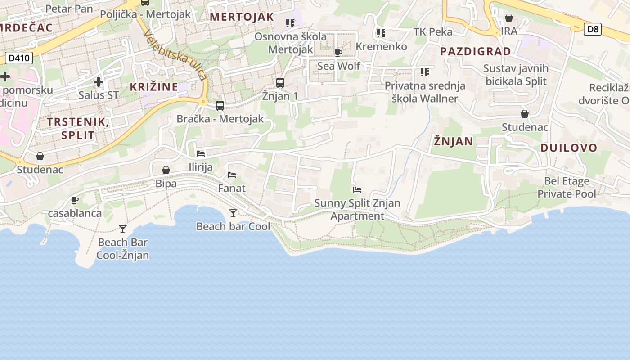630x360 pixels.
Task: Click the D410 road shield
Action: tap(19, 58)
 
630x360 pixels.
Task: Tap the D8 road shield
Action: tap(593, 29)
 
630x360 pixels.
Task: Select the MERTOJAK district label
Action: tap(242, 17)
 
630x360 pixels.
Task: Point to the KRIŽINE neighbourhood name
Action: tap(154, 87)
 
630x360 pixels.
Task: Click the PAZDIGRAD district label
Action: tap(475, 51)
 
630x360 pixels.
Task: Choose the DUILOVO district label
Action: tap(569, 148)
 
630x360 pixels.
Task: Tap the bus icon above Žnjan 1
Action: tap(280, 83)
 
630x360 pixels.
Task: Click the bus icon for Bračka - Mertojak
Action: tap(220, 106)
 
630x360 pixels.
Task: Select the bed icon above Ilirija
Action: tap(201, 154)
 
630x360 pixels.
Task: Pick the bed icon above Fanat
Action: tap(232, 175)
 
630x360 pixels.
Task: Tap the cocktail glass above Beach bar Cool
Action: tap(233, 213)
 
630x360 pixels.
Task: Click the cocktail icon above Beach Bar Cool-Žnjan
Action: tap(123, 229)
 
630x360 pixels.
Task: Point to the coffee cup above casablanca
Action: tap(75, 200)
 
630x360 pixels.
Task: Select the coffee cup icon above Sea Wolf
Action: tap(338, 53)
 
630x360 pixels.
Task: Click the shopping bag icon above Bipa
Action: tap(166, 170)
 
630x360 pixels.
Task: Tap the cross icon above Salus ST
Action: tap(99, 82)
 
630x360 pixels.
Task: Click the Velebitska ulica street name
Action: tap(175, 55)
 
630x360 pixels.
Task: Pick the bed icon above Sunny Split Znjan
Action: tap(357, 190)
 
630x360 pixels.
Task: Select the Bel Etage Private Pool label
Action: tap(567, 188)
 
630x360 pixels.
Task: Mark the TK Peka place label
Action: tap(433, 31)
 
